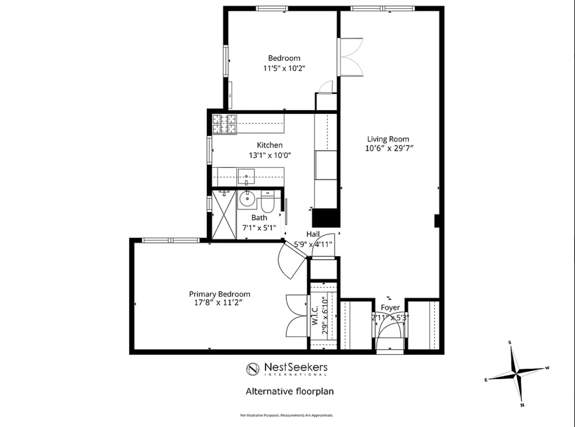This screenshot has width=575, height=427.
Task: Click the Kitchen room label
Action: [x=270, y=145]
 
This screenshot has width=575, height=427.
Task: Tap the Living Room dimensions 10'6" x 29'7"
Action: [x=389, y=148]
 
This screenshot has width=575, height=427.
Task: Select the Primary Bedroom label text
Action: [x=220, y=294]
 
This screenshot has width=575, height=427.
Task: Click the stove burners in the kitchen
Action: [x=225, y=124]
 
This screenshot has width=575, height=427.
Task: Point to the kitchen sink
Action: [x=246, y=177]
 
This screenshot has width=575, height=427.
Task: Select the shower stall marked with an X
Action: [x=224, y=215]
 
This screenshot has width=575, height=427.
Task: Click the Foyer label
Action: [x=390, y=307]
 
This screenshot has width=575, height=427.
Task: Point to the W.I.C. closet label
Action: [x=315, y=315]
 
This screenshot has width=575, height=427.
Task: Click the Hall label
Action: [x=313, y=234]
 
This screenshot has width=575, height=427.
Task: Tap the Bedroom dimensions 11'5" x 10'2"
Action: [x=284, y=68]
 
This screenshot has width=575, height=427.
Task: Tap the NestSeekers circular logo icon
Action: [x=253, y=369]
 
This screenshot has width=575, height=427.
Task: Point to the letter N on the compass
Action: [x=522, y=405]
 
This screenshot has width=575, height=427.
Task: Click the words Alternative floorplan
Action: [x=290, y=391]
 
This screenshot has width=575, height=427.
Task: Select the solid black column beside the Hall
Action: [x=326, y=218]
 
